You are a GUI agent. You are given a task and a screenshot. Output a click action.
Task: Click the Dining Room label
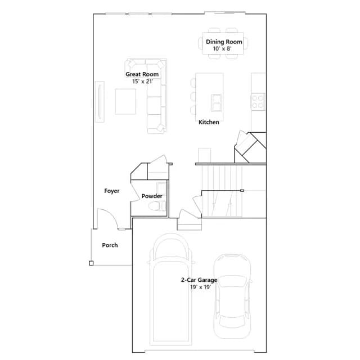[224, 42]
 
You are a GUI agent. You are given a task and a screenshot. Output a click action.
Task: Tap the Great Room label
[142, 74]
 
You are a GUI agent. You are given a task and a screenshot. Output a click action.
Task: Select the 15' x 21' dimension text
[142, 81]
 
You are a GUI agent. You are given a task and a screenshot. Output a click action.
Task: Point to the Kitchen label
[209, 122]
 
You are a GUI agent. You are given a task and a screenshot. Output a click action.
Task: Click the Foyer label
[112, 191]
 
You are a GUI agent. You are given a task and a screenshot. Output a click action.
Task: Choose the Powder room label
[152, 196]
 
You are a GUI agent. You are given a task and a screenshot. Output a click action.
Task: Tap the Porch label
[110, 245]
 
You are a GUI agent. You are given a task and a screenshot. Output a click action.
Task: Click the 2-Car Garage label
[199, 280]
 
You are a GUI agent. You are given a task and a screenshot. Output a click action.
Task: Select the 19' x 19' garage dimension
[201, 287]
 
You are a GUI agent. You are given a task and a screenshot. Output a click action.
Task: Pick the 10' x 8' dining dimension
[222, 49]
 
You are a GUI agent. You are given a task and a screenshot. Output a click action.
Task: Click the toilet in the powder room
[157, 206]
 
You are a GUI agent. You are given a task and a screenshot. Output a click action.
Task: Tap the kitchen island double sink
[217, 102]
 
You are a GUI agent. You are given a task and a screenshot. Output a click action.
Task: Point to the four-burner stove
[258, 101]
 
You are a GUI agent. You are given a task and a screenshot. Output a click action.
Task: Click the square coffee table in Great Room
[125, 101]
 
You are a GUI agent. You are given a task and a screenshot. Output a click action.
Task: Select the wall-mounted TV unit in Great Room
[100, 101]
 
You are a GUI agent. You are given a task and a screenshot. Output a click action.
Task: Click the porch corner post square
[91, 263]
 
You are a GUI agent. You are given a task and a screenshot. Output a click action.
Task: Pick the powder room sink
[161, 189]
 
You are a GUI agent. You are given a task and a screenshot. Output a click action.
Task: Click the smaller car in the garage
[232, 296]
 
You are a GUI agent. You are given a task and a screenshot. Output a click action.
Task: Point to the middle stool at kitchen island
[193, 96]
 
